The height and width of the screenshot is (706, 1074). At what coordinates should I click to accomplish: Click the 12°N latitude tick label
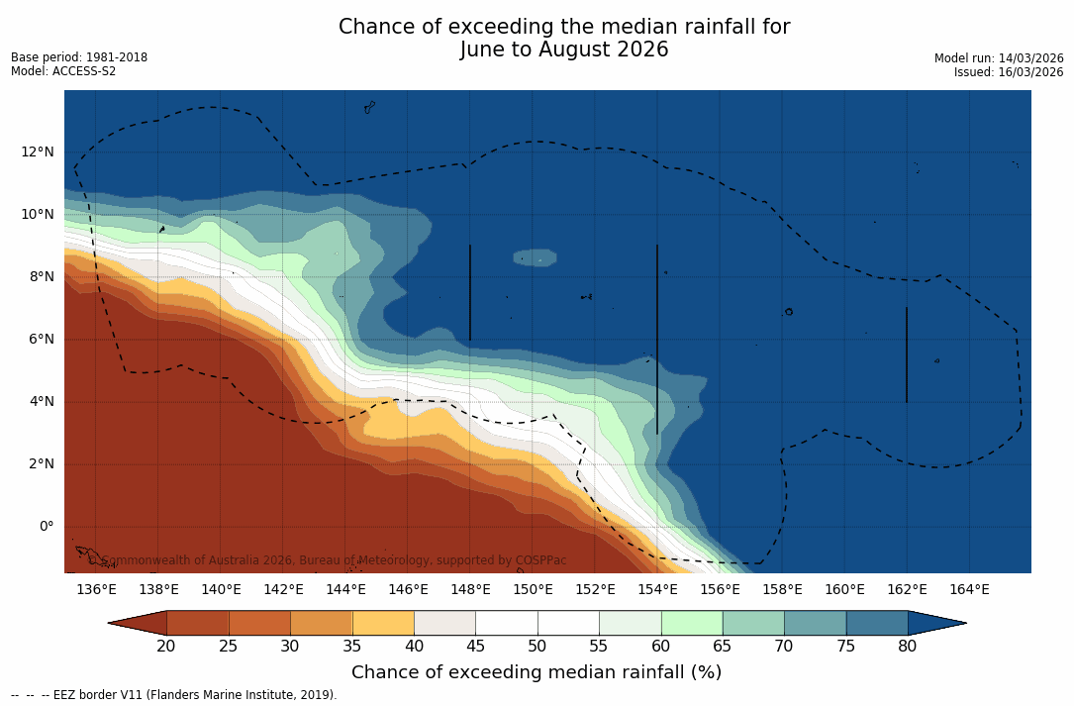coord(38,152)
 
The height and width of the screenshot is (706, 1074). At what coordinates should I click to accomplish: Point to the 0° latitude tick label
coord(46,527)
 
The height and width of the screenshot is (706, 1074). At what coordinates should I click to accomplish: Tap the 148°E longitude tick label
coord(470,590)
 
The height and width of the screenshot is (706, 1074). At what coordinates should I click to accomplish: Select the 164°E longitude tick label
coord(969,590)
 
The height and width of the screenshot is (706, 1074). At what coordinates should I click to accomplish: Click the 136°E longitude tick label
coord(96,590)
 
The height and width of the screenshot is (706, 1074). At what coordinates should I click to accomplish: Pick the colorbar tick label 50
coord(537,647)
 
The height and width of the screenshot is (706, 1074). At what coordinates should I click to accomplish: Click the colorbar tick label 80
coord(908,647)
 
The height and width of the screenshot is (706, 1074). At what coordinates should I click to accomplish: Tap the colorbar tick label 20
coord(166,647)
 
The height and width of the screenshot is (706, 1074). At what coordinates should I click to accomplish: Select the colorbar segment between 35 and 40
coord(383,623)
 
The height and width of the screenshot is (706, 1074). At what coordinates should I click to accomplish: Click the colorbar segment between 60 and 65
coord(692,623)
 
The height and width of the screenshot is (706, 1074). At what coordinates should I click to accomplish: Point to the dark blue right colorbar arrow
coord(935,623)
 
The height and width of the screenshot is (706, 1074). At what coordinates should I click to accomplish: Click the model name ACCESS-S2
coord(83,71)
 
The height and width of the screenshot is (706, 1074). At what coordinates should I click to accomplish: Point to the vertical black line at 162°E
coord(907,354)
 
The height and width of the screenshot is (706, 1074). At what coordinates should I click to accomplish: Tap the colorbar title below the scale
coord(537,672)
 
